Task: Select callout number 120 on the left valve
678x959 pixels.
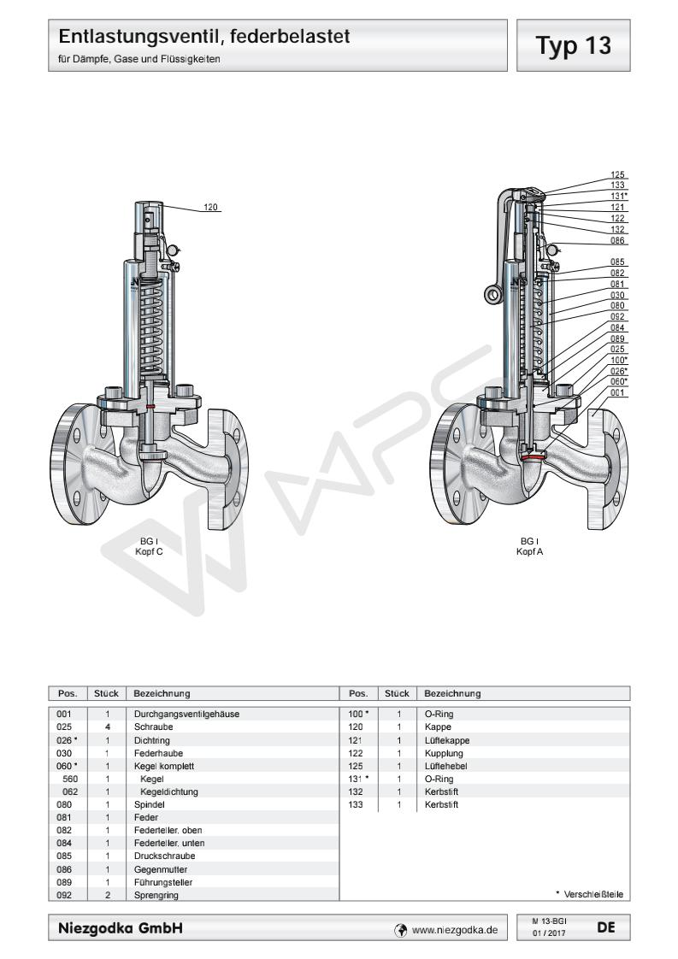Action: [x=209, y=207]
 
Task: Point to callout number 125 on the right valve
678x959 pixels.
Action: [x=617, y=174]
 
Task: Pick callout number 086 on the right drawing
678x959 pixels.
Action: [x=617, y=240]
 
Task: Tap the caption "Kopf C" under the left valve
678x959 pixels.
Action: [x=148, y=552]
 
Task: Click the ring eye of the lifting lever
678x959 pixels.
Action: [x=493, y=297]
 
